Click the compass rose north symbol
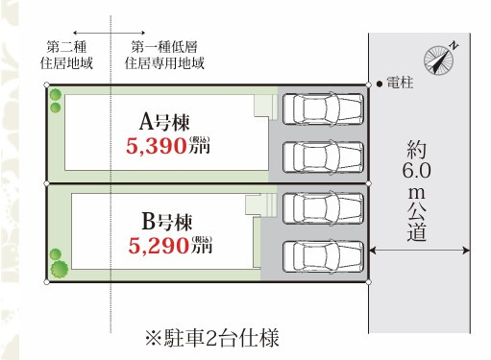tap(439, 60)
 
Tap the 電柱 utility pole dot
tap(380, 84)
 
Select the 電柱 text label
tap(400, 83)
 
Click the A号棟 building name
tap(164, 122)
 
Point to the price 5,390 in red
tap(157, 146)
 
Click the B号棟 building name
tap(166, 222)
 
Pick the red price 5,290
tap(159, 246)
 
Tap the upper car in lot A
tap(324, 108)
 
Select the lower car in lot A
tap(324, 157)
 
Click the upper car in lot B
tap(324, 208)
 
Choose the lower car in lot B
tap(324, 256)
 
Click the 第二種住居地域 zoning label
tap(66, 55)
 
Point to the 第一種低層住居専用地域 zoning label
tap(164, 55)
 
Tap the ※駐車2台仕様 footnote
tap(212, 338)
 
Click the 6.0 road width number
tap(416, 171)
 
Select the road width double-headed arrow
tap(420, 251)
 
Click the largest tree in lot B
tap(60, 269)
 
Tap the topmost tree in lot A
tap(56, 95)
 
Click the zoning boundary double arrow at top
tap(109, 33)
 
